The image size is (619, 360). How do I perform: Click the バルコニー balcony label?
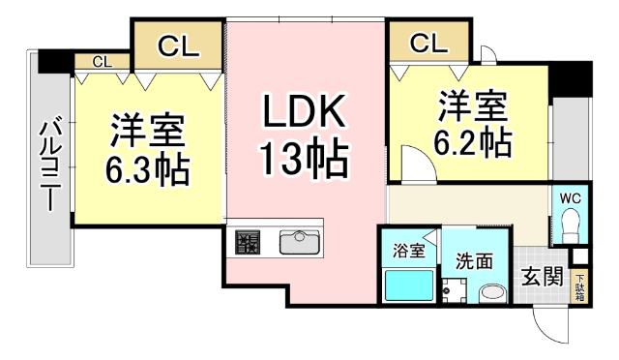[50, 162]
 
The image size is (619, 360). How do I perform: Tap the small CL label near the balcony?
[102, 62]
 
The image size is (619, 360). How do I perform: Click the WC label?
[570, 198]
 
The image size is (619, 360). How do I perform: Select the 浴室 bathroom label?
[407, 252]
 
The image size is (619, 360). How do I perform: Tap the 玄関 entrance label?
[543, 277]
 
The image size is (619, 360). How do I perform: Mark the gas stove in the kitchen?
[248, 242]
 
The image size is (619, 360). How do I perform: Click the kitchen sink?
[299, 241]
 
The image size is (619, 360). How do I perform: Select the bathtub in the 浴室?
[408, 285]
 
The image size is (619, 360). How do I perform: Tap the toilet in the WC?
[570, 228]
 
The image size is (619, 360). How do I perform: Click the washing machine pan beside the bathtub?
[454, 288]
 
